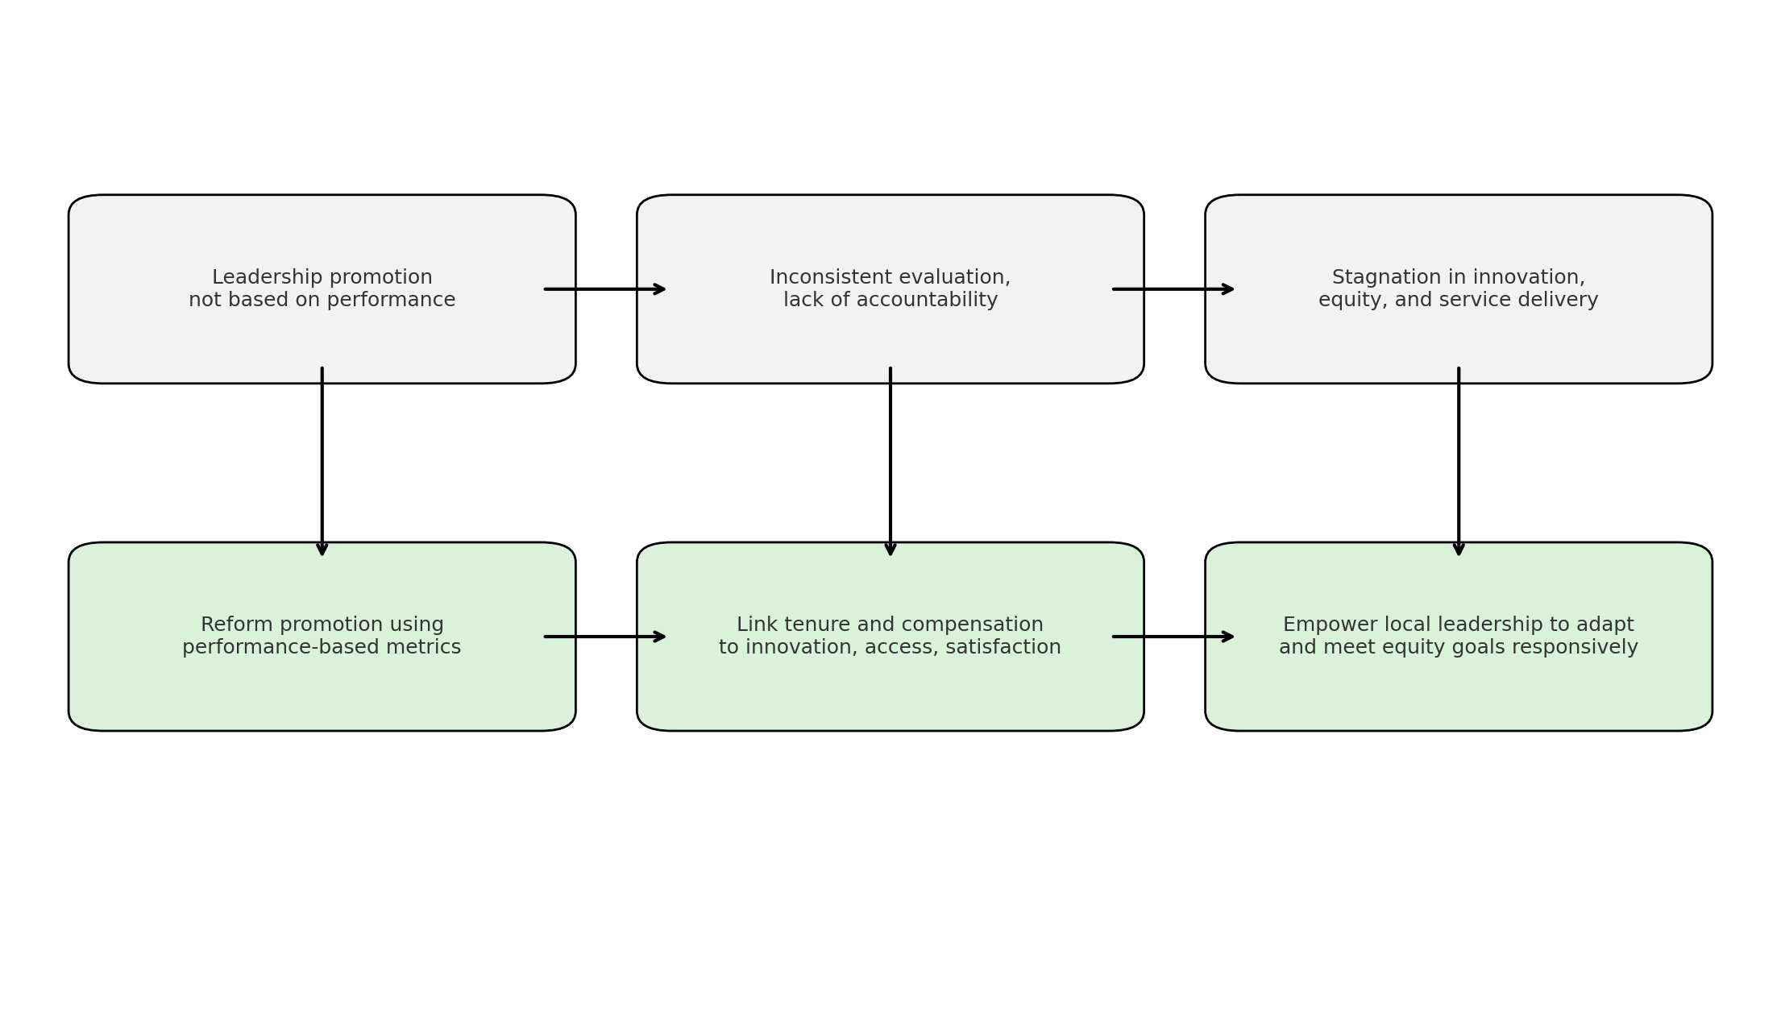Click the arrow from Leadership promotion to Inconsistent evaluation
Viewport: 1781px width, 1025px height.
pos(605,289)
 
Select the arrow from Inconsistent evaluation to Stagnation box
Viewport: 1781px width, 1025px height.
pos(1173,289)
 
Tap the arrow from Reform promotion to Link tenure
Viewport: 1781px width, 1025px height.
pos(605,637)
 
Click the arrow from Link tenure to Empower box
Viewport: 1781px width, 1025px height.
pos(1173,637)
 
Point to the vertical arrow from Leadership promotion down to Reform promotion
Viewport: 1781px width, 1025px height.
pos(322,462)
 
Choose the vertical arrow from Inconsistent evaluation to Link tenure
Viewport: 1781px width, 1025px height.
pos(890,462)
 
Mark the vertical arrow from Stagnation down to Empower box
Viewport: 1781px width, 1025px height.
pos(1459,462)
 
